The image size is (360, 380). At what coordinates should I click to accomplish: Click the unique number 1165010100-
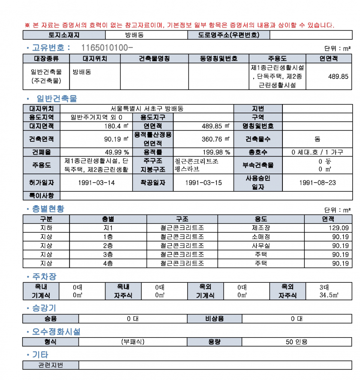(x=107, y=48)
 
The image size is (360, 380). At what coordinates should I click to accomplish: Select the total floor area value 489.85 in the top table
(x=338, y=77)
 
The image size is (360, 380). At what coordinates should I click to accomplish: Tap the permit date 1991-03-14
(x=96, y=183)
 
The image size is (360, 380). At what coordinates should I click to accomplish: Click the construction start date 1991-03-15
(x=203, y=183)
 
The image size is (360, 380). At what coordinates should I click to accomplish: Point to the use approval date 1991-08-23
(x=318, y=183)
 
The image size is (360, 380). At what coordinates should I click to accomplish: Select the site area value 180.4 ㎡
(x=116, y=126)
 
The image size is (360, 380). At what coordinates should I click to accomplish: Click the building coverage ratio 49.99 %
(x=117, y=152)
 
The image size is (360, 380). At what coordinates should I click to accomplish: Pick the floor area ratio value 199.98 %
(x=216, y=152)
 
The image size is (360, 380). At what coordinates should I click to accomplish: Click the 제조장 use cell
(x=261, y=228)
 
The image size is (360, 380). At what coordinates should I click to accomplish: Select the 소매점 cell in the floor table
(x=261, y=237)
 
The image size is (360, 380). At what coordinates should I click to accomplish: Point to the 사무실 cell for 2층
(x=261, y=246)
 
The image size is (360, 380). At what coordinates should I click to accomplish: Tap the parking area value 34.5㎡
(x=329, y=295)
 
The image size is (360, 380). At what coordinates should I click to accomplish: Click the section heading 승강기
(x=44, y=308)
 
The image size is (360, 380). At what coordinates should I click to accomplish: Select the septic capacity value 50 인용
(x=297, y=342)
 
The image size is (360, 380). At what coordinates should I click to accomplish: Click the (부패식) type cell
(x=133, y=342)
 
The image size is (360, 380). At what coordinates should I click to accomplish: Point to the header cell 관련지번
(x=51, y=365)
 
